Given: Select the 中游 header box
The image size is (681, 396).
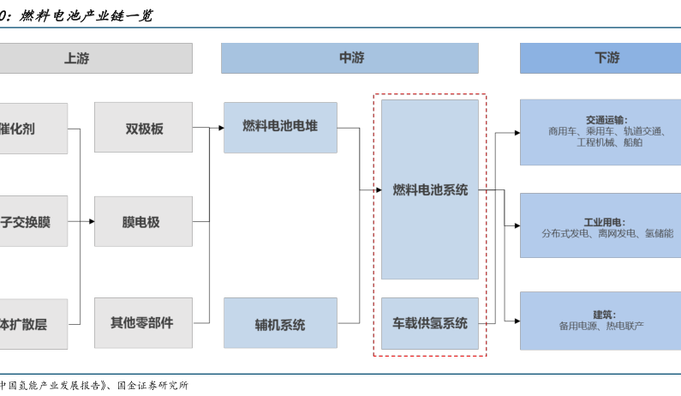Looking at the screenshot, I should (x=349, y=58).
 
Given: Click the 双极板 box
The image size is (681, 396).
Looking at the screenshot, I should (x=143, y=129).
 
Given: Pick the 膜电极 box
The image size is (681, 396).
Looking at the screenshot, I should (x=143, y=222).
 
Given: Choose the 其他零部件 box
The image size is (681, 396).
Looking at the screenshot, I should (x=143, y=323).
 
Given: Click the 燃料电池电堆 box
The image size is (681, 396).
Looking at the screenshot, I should (x=280, y=127).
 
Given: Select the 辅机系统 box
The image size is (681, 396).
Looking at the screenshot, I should (x=280, y=324).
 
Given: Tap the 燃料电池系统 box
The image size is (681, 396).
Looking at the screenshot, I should (x=429, y=189).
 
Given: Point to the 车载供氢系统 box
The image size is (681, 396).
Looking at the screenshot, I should (x=429, y=323).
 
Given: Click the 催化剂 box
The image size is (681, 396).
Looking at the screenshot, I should (x=33, y=129).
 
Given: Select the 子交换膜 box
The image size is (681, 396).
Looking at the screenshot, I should (x=33, y=222).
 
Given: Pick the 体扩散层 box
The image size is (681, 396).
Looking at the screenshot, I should (x=33, y=324).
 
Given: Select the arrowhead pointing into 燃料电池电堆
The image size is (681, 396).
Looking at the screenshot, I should (x=220, y=129).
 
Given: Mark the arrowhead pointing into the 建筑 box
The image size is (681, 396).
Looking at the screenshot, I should (x=517, y=321).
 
